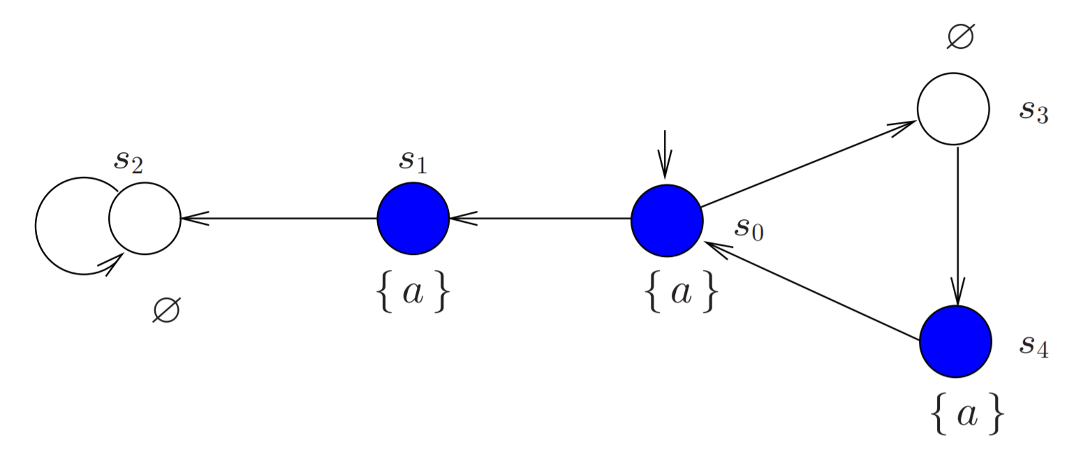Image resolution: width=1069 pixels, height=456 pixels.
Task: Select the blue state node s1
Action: [413, 219]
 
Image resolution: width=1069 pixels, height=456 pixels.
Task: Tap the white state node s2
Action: [145, 219]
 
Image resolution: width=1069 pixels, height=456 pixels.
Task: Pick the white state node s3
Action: [953, 109]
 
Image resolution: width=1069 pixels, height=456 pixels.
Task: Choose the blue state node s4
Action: [955, 341]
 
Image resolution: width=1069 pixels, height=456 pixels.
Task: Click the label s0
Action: [749, 229]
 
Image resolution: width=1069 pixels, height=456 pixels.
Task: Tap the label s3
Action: [1033, 110]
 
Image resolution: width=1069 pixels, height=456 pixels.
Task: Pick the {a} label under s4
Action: [967, 416]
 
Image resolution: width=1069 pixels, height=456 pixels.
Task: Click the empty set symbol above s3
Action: [961, 36]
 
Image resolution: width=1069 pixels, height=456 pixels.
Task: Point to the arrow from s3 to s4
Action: [957, 223]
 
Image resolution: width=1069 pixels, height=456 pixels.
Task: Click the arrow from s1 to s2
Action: [279, 219]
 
